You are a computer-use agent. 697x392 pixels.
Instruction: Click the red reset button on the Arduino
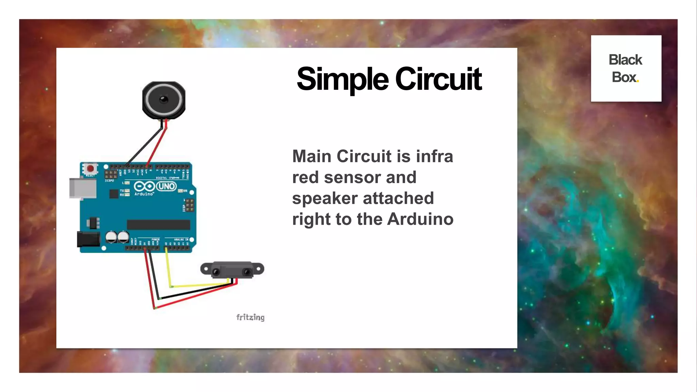point(91,168)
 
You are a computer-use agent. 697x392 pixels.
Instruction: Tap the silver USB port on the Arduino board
point(82,188)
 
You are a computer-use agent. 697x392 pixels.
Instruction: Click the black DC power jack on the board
point(88,239)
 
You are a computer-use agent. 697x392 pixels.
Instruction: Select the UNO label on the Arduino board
point(166,186)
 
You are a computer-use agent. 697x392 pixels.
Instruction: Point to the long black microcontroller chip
point(158,225)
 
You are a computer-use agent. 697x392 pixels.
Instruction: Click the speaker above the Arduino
point(164,100)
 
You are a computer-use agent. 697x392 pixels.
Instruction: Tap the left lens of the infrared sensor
point(216,272)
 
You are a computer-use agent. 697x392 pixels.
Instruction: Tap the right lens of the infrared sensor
point(247,272)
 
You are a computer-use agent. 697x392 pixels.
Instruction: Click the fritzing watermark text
point(250,317)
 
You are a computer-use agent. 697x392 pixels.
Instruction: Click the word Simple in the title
point(342,79)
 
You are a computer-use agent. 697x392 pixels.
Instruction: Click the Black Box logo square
point(626,68)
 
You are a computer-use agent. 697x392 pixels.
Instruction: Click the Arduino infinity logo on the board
point(144,186)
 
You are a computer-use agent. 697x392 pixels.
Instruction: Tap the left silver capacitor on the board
point(111,237)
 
